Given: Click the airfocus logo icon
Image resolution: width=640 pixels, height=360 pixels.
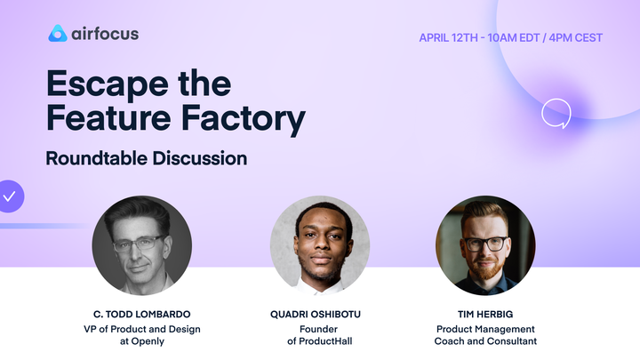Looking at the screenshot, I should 58,34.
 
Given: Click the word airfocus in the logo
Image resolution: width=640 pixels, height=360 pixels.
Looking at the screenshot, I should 105,34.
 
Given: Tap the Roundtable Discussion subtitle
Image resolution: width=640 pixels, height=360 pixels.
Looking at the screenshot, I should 147,159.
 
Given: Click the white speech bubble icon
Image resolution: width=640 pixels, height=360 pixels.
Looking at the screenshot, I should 556,113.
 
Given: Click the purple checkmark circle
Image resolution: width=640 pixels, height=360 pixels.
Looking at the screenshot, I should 9,196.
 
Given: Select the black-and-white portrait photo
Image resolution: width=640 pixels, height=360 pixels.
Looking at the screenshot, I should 141,245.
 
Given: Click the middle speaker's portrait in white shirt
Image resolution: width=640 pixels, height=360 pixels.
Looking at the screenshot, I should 319,245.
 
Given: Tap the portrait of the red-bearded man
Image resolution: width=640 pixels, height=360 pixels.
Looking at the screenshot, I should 485,245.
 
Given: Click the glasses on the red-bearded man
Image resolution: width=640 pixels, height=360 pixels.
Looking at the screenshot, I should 484,242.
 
